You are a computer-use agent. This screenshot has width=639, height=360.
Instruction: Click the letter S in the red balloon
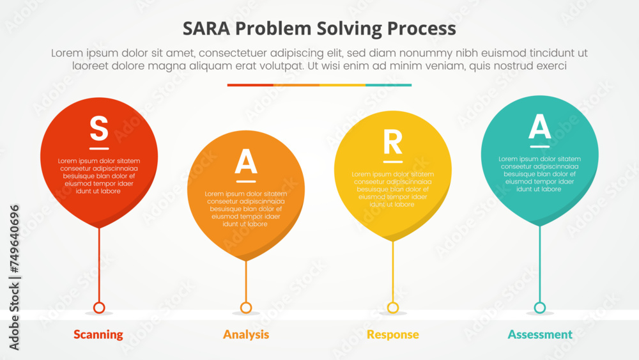click(99, 128)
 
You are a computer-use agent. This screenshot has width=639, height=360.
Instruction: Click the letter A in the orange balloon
click(246, 162)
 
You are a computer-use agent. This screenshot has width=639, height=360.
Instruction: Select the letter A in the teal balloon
click(540, 127)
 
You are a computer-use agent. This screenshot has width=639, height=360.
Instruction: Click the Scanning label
click(98, 334)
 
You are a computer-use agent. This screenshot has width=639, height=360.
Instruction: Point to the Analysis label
click(246, 334)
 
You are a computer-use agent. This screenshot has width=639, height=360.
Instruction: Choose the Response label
click(393, 334)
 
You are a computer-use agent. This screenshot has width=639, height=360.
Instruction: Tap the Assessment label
click(540, 334)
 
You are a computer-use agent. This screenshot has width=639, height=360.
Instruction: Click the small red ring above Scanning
click(99, 308)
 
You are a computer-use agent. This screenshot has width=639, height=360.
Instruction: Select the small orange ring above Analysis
click(246, 308)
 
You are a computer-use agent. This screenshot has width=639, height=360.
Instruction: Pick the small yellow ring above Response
click(393, 308)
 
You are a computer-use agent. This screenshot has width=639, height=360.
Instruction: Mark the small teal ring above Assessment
click(540, 308)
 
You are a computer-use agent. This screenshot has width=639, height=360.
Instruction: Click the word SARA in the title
click(206, 29)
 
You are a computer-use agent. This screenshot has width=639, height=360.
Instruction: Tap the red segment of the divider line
click(250, 84)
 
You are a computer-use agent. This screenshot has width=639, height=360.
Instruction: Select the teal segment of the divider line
click(389, 84)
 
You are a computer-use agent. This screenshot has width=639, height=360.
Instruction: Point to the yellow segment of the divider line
click(343, 84)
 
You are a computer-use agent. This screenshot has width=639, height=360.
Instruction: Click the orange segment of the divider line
click(296, 84)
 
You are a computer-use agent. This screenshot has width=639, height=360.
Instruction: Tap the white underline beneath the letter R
click(393, 162)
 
